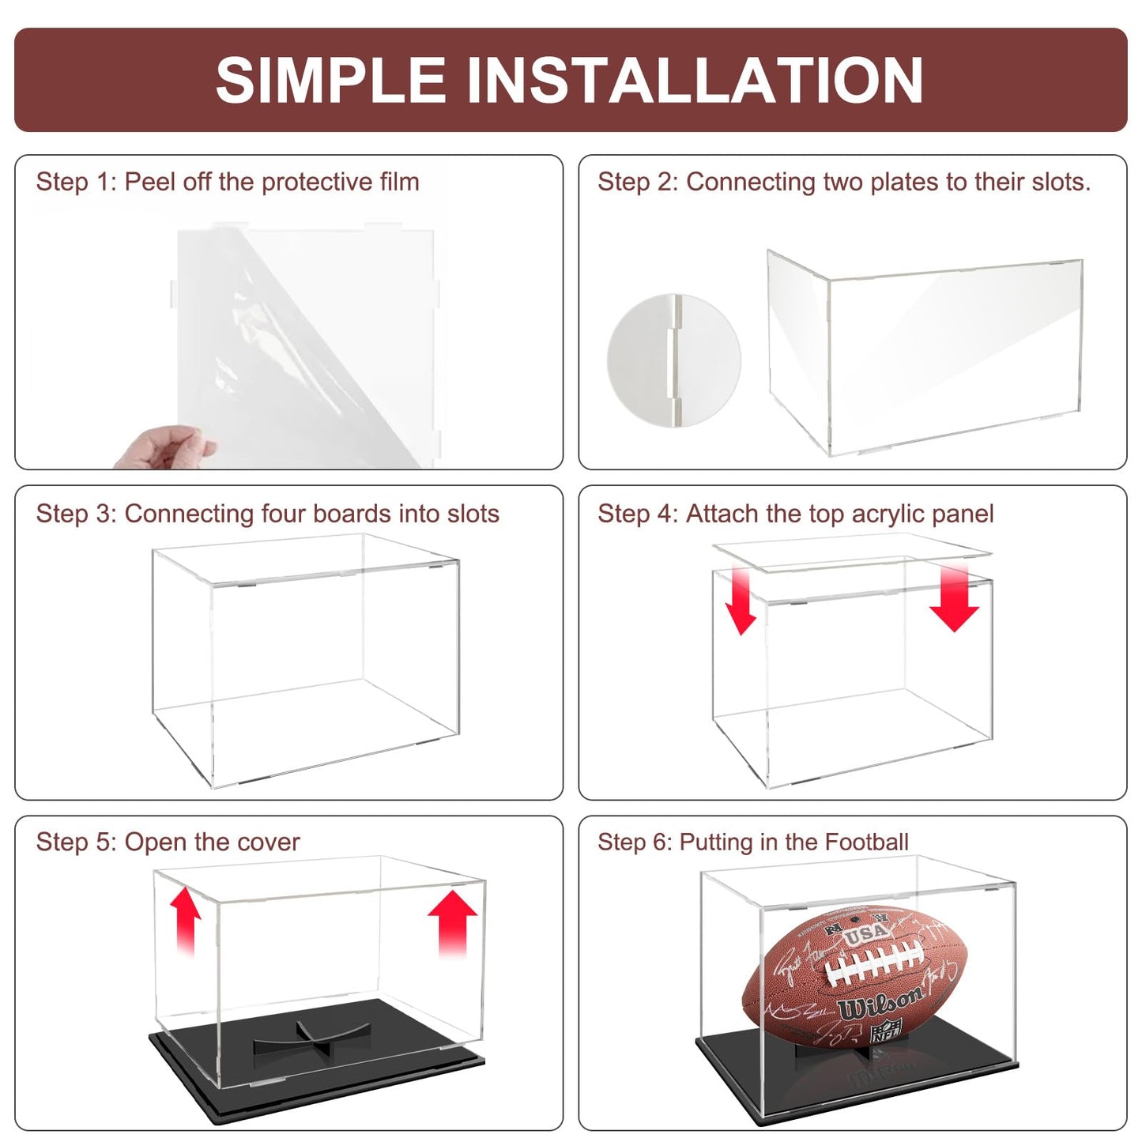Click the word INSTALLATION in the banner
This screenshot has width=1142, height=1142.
point(695,80)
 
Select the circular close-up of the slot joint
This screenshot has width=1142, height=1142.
point(673,360)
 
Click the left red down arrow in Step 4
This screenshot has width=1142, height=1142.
point(741,601)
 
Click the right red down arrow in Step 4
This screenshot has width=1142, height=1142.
point(954,598)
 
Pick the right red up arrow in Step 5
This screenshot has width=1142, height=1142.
point(453,922)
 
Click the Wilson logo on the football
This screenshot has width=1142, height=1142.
point(880,1004)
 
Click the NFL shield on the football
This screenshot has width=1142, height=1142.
point(886,1031)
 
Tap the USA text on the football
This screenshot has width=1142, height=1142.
point(866,933)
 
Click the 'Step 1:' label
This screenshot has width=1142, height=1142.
point(76,182)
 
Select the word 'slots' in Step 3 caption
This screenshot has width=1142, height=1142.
point(473,514)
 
